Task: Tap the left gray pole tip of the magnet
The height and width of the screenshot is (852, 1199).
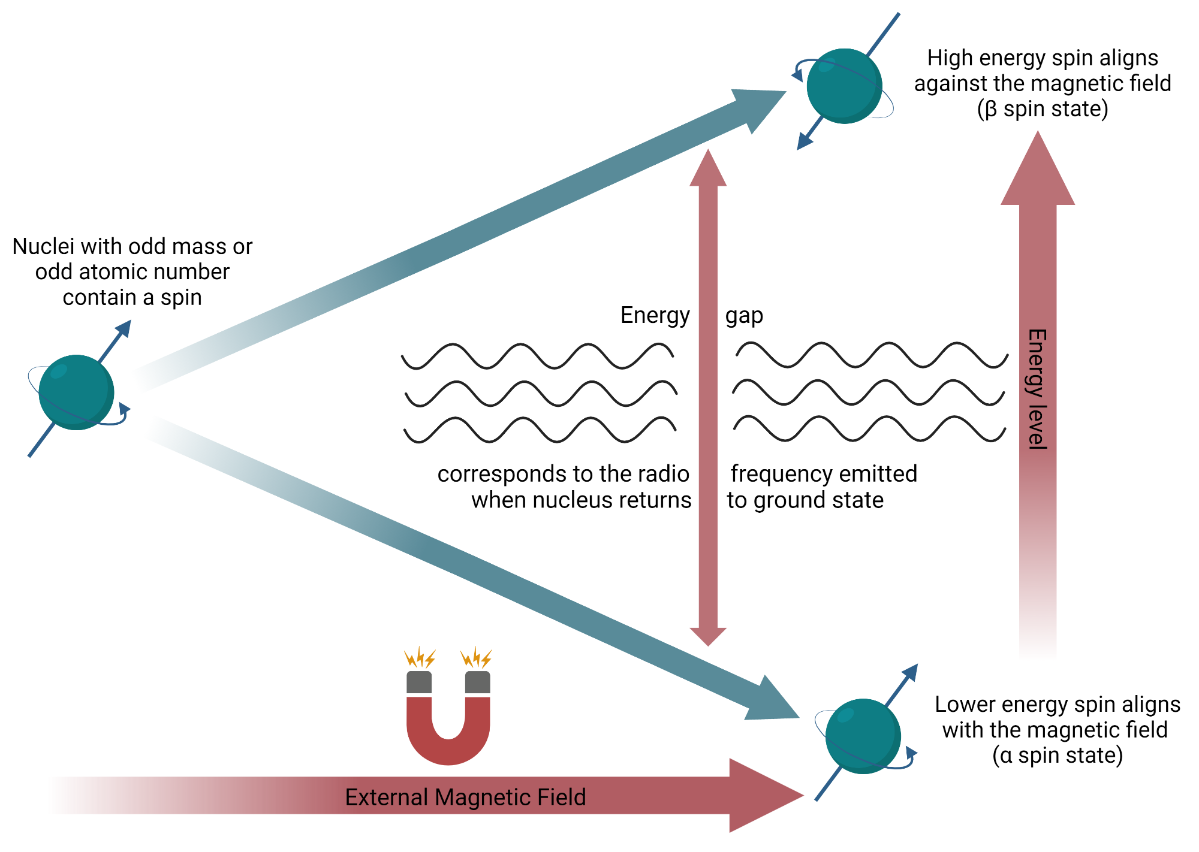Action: (x=419, y=682)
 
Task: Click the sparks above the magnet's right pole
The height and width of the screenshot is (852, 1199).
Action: (x=477, y=658)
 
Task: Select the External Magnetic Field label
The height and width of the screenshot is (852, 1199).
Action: (x=465, y=797)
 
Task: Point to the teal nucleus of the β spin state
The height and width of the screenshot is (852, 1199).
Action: (x=843, y=86)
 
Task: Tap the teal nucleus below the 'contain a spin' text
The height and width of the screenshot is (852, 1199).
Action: (x=76, y=392)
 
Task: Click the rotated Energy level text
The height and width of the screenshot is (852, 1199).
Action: (x=1037, y=389)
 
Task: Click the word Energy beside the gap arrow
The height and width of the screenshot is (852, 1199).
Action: (x=655, y=315)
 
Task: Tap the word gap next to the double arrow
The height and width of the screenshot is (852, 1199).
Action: (x=744, y=316)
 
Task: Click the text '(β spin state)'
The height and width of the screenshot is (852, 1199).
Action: (x=1043, y=109)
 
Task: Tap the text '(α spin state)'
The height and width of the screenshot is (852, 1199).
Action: (x=1058, y=755)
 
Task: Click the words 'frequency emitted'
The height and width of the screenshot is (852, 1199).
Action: (x=824, y=474)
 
